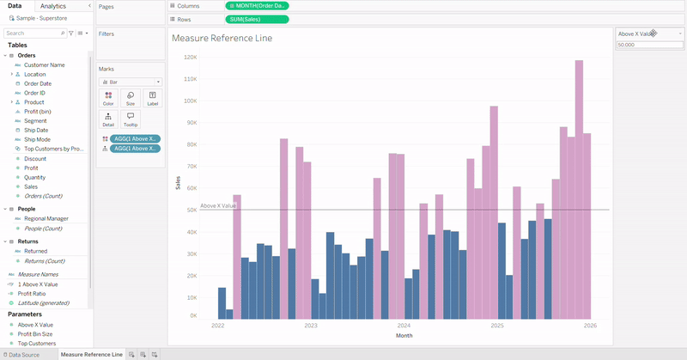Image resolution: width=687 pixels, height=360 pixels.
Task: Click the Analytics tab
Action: (x=53, y=6)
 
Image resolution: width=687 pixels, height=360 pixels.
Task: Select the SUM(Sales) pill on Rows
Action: (x=257, y=19)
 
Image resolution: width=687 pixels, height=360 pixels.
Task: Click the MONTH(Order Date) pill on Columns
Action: (x=257, y=6)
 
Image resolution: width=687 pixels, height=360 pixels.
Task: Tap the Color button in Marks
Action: (x=108, y=98)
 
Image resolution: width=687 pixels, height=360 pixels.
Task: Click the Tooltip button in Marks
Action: (x=131, y=119)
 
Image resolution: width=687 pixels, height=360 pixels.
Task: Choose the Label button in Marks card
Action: (x=152, y=98)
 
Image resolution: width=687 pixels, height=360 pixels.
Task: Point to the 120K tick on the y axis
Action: (x=191, y=58)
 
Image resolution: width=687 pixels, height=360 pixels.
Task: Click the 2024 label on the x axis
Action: (x=404, y=326)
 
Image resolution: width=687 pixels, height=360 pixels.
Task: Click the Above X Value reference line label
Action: (x=218, y=206)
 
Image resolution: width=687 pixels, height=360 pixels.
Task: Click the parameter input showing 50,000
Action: (x=648, y=45)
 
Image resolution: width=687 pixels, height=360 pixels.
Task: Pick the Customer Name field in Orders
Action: (x=44, y=64)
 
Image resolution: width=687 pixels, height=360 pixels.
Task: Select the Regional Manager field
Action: (x=46, y=218)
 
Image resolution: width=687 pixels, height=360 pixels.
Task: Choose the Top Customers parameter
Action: (x=37, y=343)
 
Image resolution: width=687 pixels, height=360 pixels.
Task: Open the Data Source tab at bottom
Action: (x=23, y=354)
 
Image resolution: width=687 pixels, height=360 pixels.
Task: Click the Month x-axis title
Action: (x=404, y=336)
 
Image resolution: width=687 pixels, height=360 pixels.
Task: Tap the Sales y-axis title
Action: (x=179, y=182)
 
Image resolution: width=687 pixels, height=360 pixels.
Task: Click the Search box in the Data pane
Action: (x=33, y=33)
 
